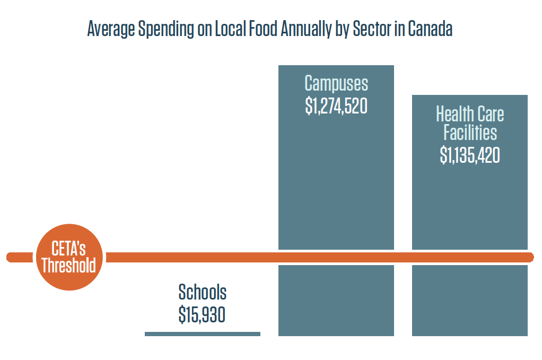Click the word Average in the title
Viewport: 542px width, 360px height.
coord(110,30)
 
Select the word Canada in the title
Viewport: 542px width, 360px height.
coord(430,30)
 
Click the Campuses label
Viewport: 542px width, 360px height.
coord(336,84)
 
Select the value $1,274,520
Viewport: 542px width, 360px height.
coord(336,106)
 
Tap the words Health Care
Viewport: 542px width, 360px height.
coord(470,114)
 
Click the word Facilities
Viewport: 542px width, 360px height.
coord(470,133)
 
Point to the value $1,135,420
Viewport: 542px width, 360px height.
coord(470,155)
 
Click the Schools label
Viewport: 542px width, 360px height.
coord(202,292)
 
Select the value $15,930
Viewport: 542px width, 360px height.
coord(202,315)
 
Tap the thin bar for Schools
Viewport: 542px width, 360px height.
coord(202,333)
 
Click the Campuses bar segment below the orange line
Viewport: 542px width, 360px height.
coord(336,300)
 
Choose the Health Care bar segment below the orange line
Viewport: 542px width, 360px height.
coord(470,300)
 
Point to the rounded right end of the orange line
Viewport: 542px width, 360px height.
coord(529,257)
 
